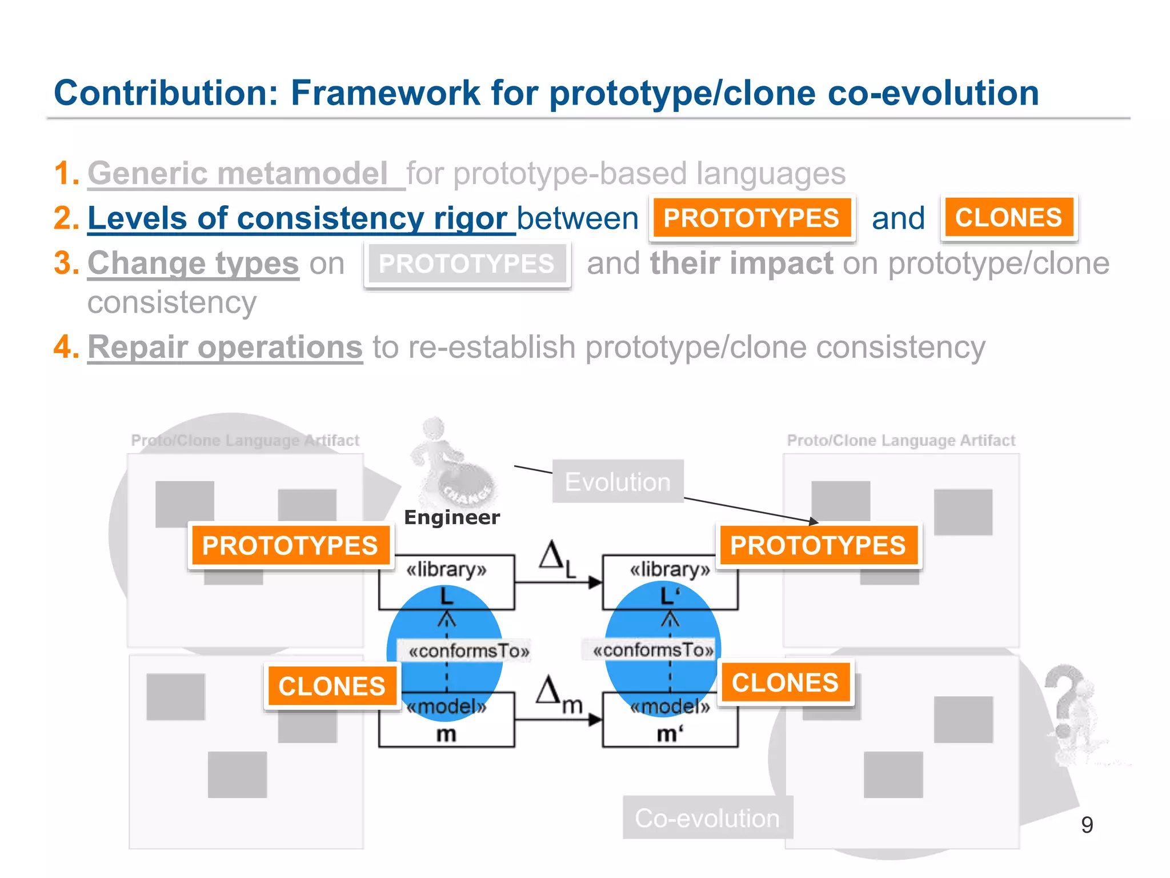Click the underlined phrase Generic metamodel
pyautogui.click(x=238, y=173)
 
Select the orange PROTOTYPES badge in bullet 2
pyautogui.click(x=751, y=218)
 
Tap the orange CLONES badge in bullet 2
pyautogui.click(x=1008, y=218)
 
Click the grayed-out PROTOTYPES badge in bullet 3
pyautogui.click(x=466, y=264)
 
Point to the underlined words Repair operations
pyautogui.click(x=225, y=348)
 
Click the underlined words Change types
pyautogui.click(x=193, y=264)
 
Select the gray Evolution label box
pyautogui.click(x=618, y=482)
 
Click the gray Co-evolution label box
pyautogui.click(x=707, y=818)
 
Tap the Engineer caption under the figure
pyautogui.click(x=451, y=517)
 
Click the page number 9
pyautogui.click(x=1087, y=825)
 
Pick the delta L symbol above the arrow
pyautogui.click(x=556, y=558)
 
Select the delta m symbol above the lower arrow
pyautogui.click(x=557, y=694)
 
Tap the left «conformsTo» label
pyautogui.click(x=468, y=651)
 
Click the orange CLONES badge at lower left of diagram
pyautogui.click(x=331, y=686)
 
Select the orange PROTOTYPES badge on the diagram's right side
pyautogui.click(x=818, y=545)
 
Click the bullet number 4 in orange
pyautogui.click(x=65, y=347)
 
